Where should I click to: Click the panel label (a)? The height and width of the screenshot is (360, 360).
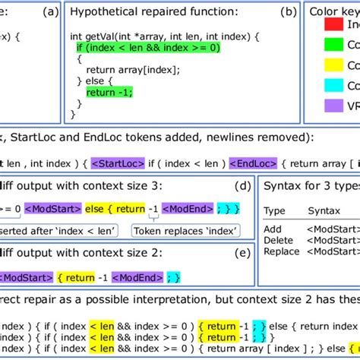click(49, 11)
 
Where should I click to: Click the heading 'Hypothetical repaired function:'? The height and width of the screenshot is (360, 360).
click(153, 12)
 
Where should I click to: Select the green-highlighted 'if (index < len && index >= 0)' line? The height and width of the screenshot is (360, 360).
click(147, 48)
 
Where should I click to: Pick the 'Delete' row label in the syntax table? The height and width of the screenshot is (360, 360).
click(278, 240)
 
